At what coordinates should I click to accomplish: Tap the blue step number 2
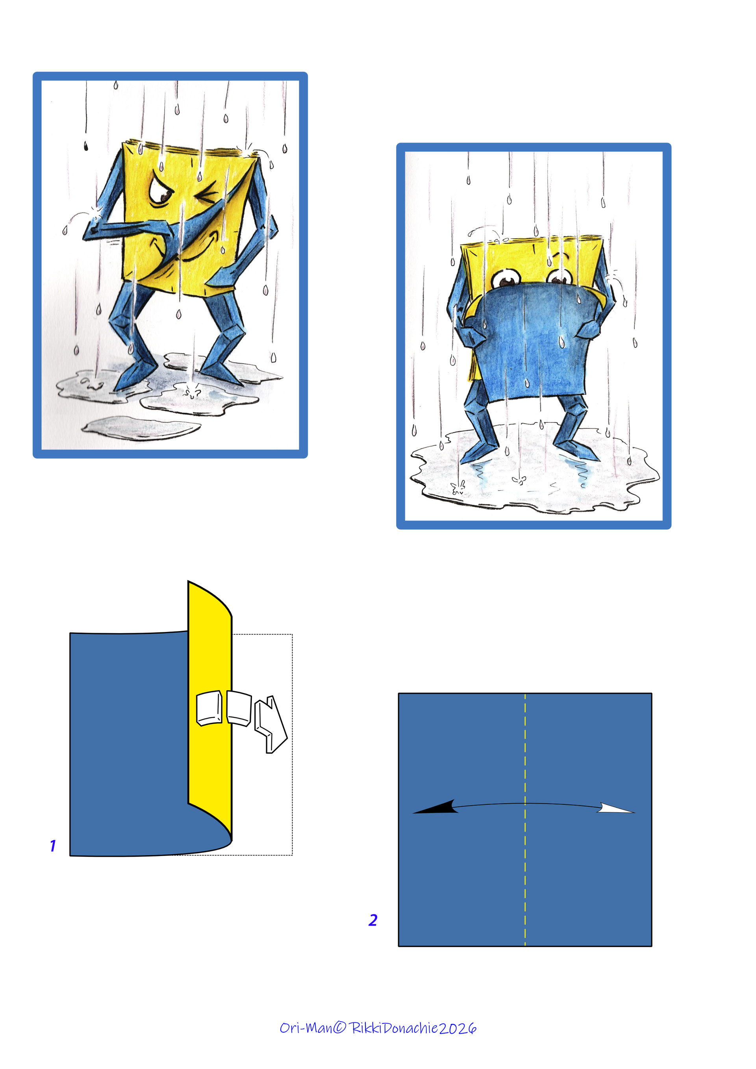pyautogui.click(x=373, y=920)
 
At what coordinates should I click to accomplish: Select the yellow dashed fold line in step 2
pyautogui.click(x=525, y=819)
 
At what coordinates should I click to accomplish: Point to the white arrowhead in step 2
pyautogui.click(x=615, y=809)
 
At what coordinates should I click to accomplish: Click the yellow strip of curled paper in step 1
pyautogui.click(x=210, y=708)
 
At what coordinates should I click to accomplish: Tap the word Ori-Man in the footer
pyautogui.click(x=306, y=1028)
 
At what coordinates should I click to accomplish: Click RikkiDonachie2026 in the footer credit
pyautogui.click(x=413, y=1028)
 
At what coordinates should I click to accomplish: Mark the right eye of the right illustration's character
pyautogui.click(x=560, y=278)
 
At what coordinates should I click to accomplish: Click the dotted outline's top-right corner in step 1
pyautogui.click(x=292, y=634)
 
